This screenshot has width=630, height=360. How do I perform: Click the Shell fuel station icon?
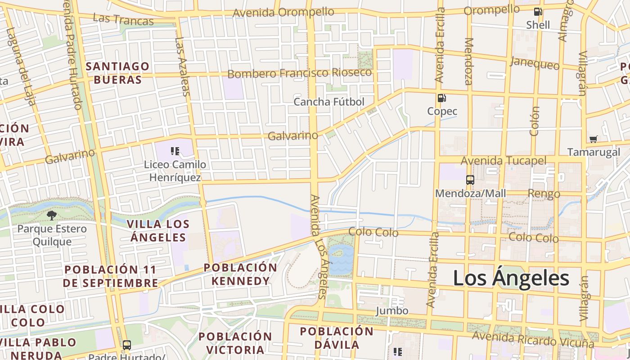click(538, 12)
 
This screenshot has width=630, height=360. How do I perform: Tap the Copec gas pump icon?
click(442, 98)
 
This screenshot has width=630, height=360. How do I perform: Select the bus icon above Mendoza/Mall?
click(470, 180)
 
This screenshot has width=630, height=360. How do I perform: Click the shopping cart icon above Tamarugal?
click(593, 139)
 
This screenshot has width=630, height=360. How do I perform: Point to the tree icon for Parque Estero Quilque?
click(52, 216)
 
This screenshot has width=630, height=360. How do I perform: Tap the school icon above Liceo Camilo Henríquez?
click(175, 151)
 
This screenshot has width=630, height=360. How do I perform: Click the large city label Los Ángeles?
click(511, 278)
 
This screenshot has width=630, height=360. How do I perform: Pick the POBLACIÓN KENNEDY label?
click(240, 274)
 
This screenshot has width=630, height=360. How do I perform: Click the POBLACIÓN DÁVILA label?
click(337, 338)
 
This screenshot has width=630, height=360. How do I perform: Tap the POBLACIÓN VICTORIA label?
click(235, 343)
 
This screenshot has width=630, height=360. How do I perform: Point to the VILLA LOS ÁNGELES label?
click(158, 230)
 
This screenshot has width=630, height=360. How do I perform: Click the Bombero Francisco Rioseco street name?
click(299, 73)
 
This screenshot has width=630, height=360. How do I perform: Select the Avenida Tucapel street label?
click(504, 161)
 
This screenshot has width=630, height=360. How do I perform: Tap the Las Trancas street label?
click(123, 19)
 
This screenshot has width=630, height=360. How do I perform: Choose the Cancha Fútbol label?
click(328, 102)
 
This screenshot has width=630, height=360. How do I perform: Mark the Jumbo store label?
click(392, 310)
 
